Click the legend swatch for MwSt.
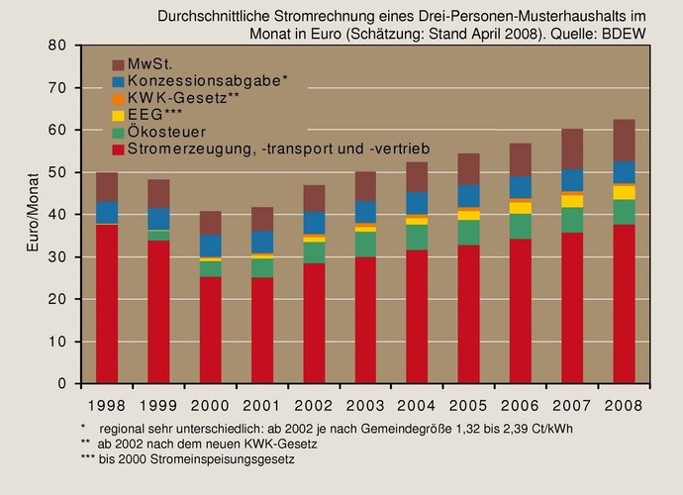pos(120,64)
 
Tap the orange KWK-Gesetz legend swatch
pos(120,99)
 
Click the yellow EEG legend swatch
pos(120,116)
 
